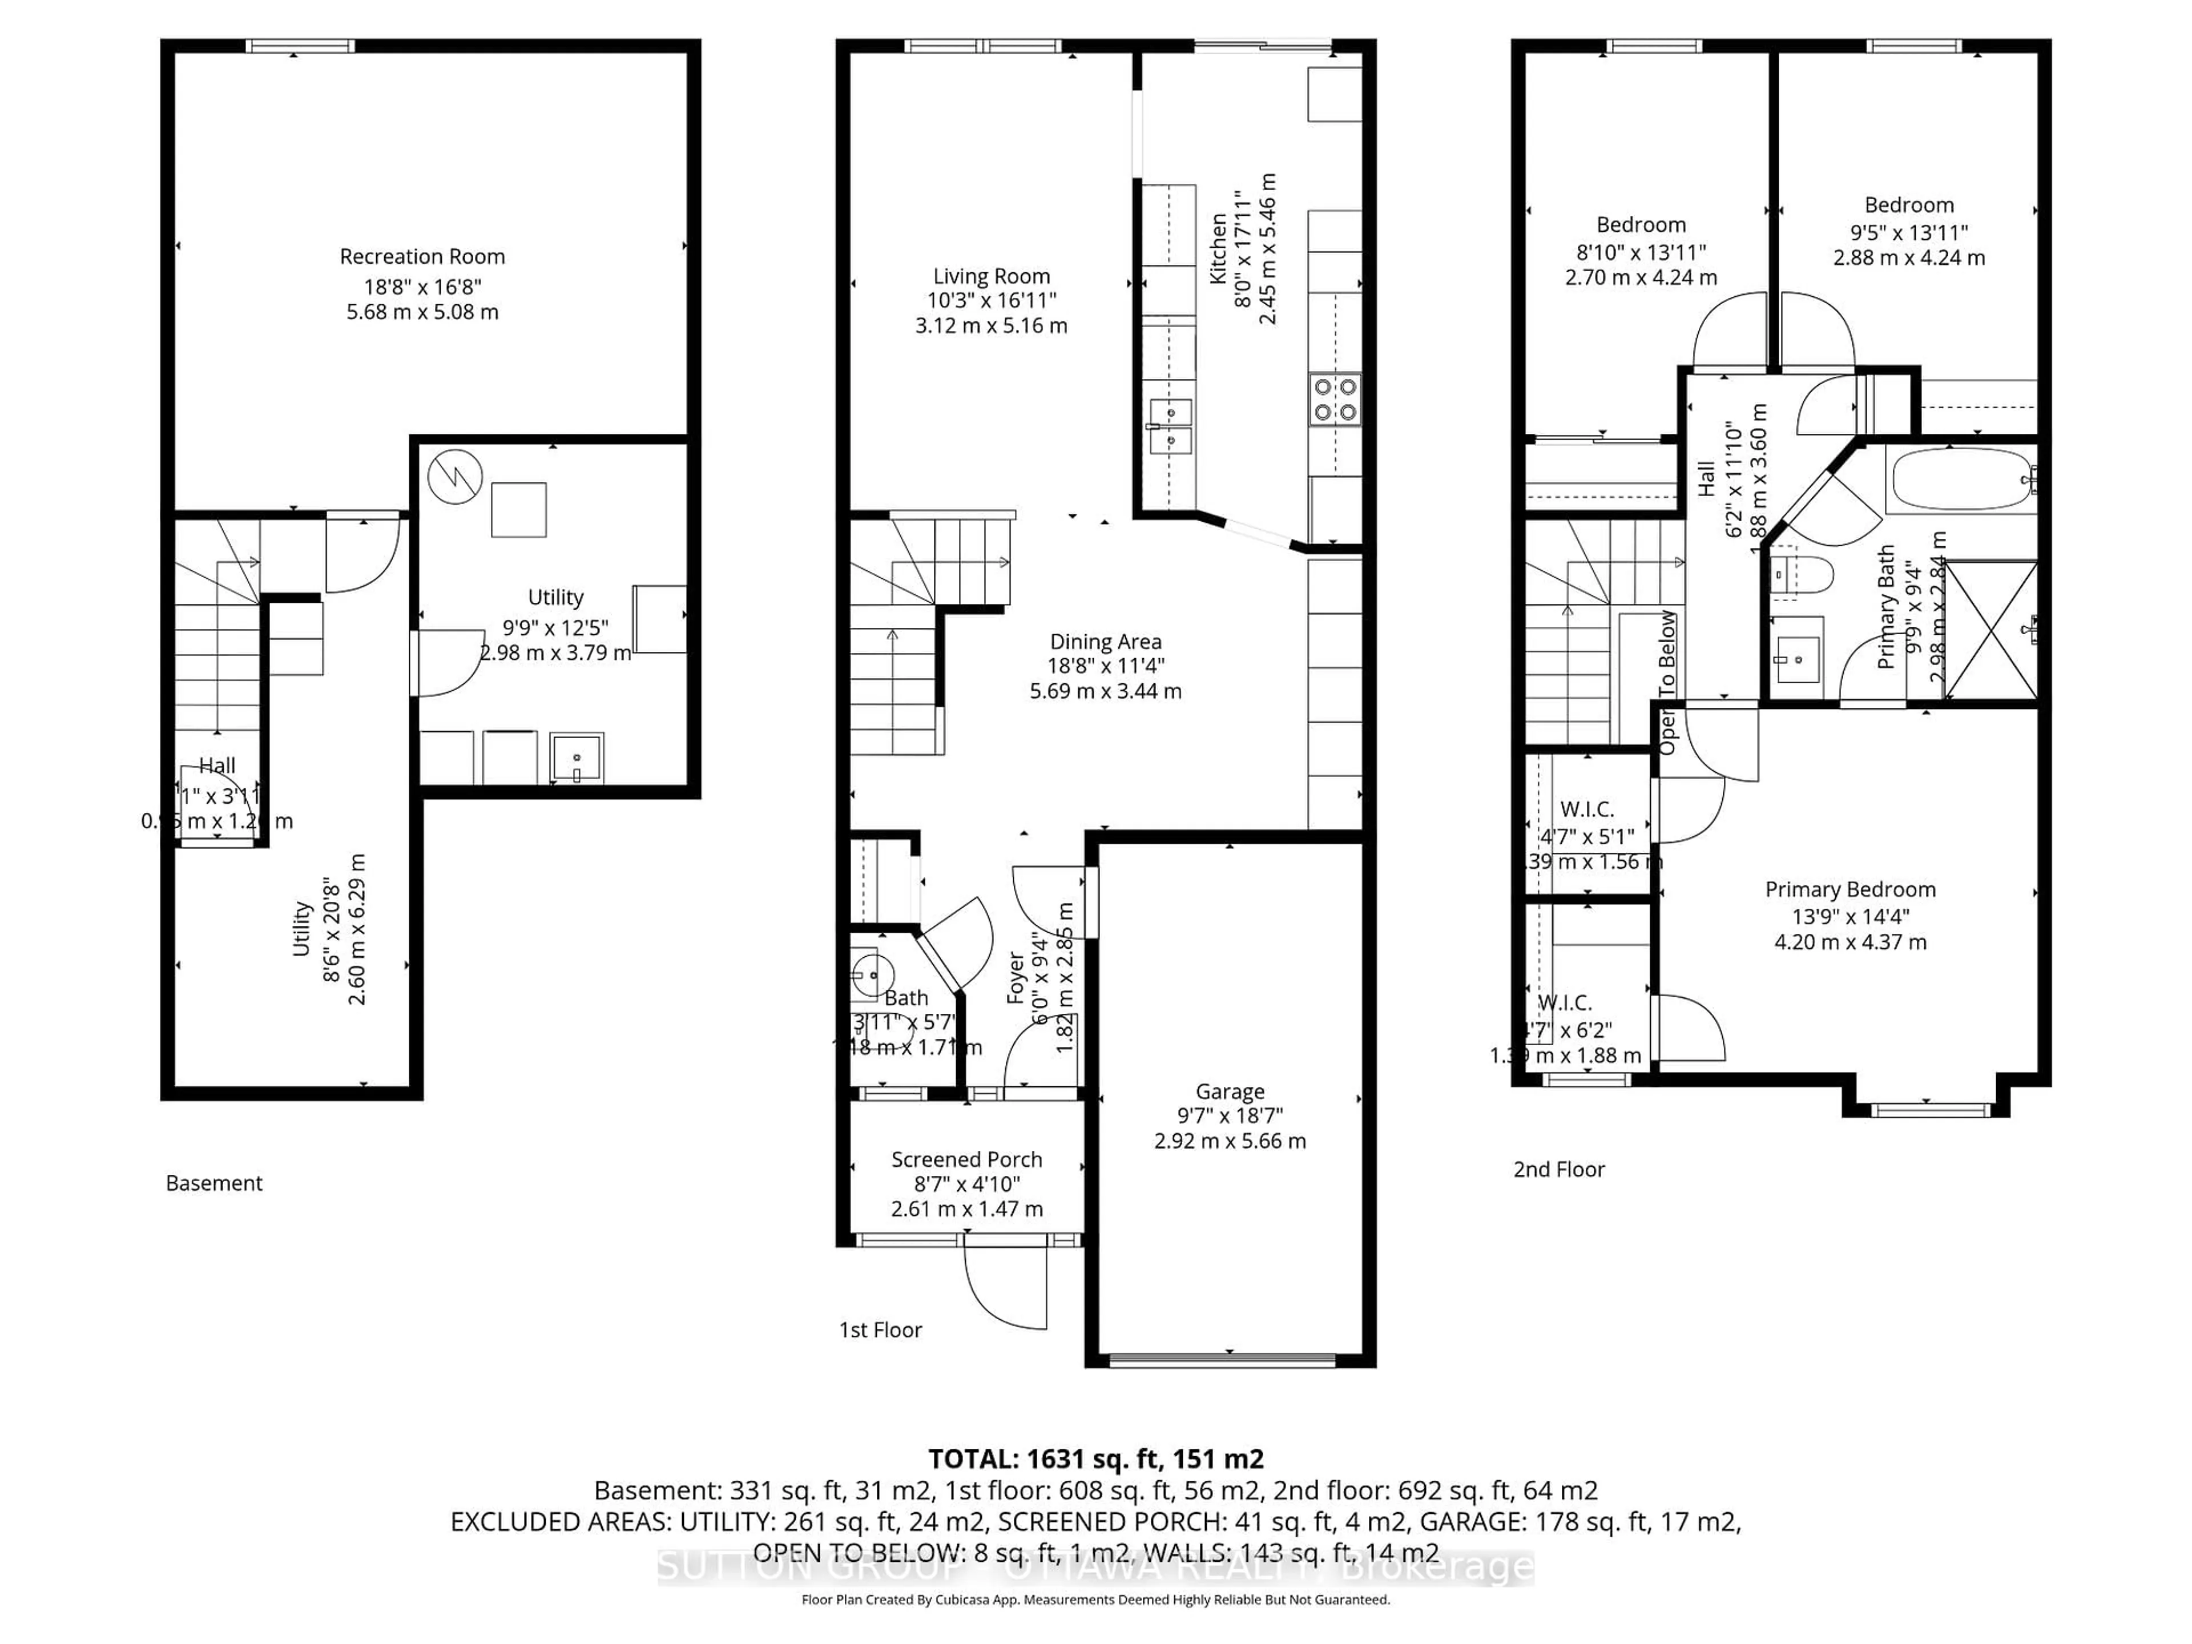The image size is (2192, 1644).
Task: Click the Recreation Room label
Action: point(422,257)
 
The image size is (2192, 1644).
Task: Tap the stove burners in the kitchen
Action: point(1334,400)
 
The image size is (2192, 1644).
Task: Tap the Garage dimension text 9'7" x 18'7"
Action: point(1230,1116)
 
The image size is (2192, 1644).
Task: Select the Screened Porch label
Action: point(966,1159)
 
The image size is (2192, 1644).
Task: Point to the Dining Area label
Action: point(1106,642)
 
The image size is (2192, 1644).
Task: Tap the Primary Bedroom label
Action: point(1850,890)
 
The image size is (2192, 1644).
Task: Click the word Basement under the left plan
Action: point(214,1183)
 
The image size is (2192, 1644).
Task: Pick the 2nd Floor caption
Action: point(1559,1169)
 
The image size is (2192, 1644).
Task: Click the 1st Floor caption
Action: point(880,1330)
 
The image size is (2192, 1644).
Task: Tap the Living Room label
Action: point(991,276)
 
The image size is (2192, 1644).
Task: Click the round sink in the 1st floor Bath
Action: point(871,974)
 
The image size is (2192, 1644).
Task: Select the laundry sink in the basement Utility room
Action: point(576,758)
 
